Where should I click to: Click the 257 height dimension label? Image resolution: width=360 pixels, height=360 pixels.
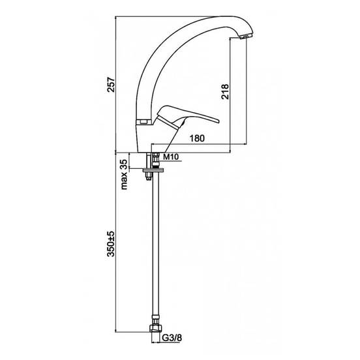[x=112, y=85]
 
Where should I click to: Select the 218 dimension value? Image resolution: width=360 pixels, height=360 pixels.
[x=225, y=91]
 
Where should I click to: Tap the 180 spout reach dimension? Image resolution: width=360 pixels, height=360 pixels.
[x=197, y=138]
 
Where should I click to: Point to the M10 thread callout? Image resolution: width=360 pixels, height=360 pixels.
[x=171, y=157]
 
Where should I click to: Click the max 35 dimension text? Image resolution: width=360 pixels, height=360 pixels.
[x=124, y=175]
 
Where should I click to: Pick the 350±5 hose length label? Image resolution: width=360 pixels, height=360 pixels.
[x=111, y=244]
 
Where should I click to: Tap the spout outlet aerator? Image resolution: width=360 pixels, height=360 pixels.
[x=246, y=37]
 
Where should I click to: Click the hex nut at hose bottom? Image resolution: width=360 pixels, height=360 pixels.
[x=155, y=328]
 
